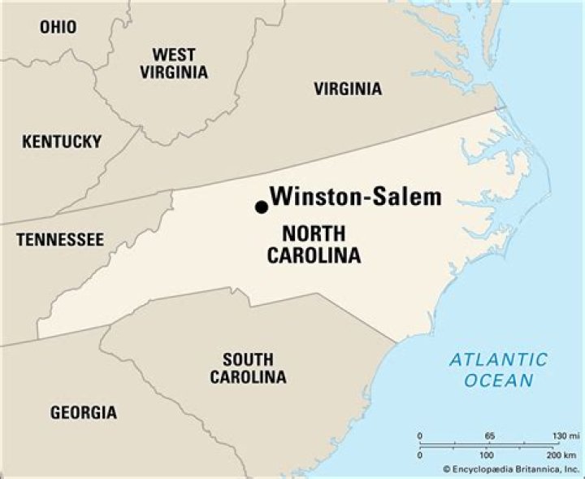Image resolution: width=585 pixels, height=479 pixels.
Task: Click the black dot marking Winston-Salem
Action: pos(262,207)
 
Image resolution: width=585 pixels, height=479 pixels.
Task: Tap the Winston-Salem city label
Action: pos(356,197)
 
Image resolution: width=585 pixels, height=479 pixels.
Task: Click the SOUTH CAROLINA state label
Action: pos(248,368)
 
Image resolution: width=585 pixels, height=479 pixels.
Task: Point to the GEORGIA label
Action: pos(84,412)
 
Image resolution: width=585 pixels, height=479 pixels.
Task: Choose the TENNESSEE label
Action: pos(60,240)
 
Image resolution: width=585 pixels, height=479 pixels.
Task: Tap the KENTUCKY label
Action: pos(62,142)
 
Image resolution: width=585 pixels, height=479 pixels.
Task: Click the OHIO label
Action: pos(58,28)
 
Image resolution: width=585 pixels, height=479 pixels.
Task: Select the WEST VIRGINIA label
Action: pos(174,63)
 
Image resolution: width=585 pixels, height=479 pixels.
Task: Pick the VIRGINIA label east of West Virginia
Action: pos(348,89)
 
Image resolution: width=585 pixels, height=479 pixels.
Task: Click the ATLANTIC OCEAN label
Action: pos(499,369)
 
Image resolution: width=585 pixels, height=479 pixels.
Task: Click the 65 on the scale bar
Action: pos(489,437)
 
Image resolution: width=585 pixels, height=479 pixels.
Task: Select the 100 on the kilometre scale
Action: pos(489,454)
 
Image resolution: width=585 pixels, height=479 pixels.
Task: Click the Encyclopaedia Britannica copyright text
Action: pos(512,469)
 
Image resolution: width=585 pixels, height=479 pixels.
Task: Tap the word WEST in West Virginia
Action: pos(174,54)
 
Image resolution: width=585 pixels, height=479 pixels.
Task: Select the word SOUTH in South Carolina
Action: pos(248,359)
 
